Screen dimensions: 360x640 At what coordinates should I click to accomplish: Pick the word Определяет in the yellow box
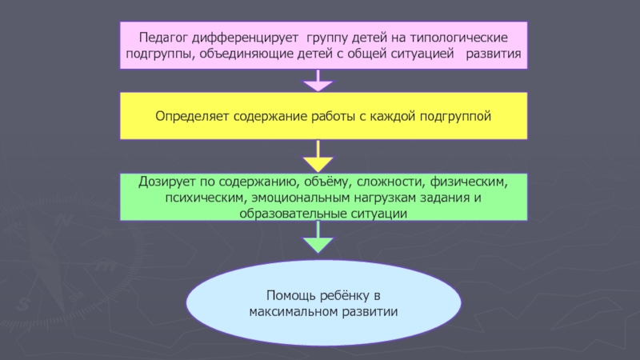click(192, 117)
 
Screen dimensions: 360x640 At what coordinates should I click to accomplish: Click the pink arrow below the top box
click(319, 81)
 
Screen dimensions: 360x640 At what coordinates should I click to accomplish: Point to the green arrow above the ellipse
click(319, 238)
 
